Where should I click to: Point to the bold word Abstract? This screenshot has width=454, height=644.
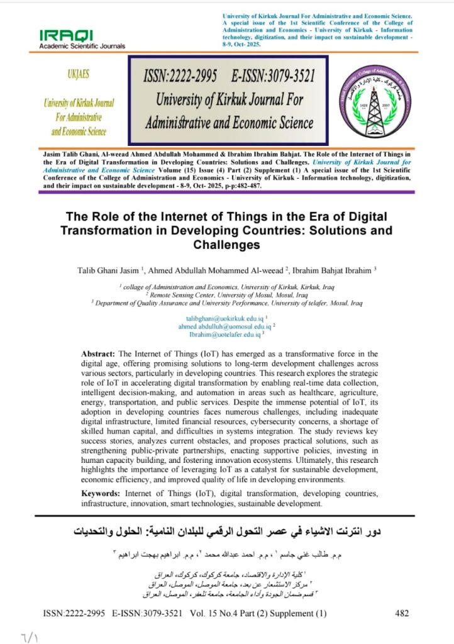[99, 354]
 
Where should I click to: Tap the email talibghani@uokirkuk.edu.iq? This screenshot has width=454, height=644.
[225, 319]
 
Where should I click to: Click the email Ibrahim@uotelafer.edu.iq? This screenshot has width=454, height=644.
[224, 335]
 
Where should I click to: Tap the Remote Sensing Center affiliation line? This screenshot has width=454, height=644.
[227, 294]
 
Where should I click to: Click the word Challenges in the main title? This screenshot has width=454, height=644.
[226, 244]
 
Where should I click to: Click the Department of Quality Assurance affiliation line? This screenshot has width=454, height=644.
[227, 302]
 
